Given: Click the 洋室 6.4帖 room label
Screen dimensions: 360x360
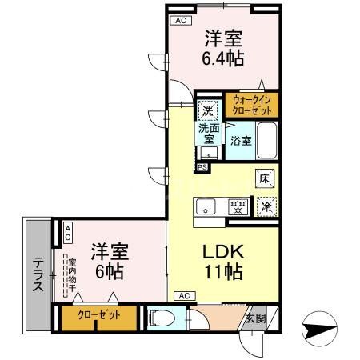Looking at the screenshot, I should coord(223,48).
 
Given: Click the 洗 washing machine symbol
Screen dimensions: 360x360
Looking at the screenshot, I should coord(207,110).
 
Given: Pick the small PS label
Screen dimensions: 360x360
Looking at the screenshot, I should coord(202,167).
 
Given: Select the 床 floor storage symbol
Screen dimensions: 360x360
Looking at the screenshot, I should coord(264,179).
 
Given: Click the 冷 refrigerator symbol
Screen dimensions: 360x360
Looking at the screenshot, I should coord(266,206).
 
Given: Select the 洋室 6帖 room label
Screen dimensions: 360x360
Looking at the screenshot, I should coord(106,261).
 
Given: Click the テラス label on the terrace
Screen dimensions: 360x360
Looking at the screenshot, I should coord(38,275).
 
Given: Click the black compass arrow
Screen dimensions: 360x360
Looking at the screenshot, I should coord(319,328).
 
